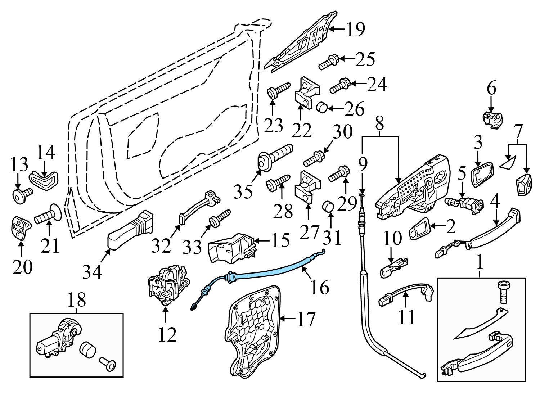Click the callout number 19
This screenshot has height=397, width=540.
pos(355,29)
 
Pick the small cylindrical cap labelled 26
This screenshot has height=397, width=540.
pos(321,107)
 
